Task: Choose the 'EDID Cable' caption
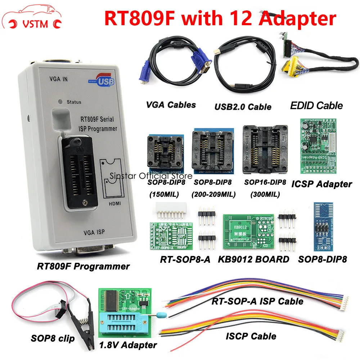pos(316,105)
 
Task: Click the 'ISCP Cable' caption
pos(251,336)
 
